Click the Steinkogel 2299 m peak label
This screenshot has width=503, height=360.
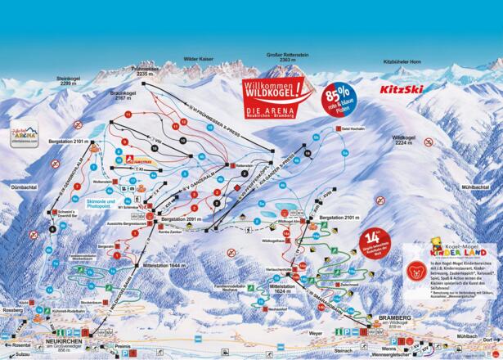click(66, 81)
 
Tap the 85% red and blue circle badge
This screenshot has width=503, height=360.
click(339, 97)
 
